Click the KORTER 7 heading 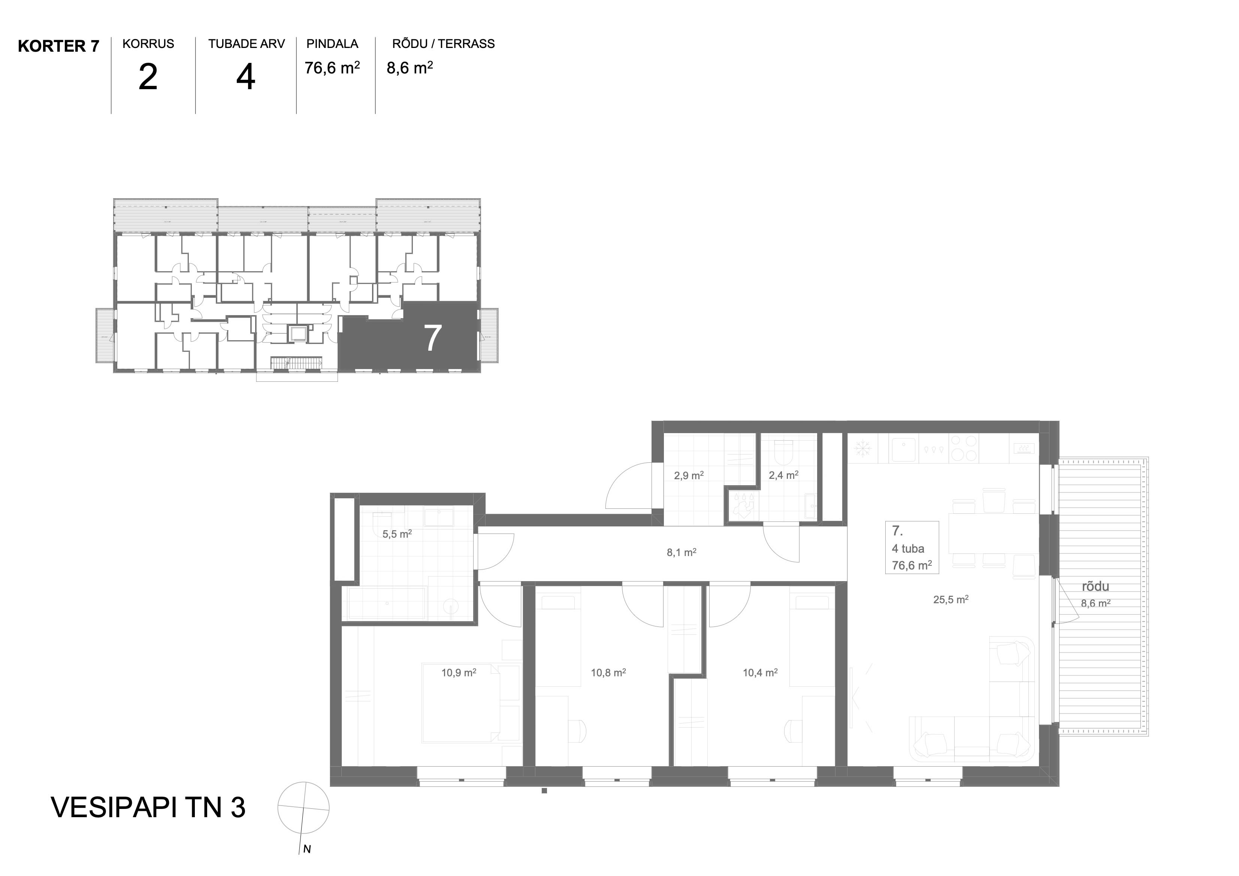point(58,46)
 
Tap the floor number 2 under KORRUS point(148,77)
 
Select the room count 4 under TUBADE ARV point(245,77)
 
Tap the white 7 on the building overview point(433,338)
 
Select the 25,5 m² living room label point(951,599)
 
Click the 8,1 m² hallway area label point(682,552)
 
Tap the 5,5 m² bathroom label point(397,534)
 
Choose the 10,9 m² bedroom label point(459,673)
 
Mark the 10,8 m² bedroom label point(608,673)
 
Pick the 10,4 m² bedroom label point(760,673)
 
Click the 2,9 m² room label point(689,475)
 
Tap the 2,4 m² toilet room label point(783,475)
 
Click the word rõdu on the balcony point(1095,586)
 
